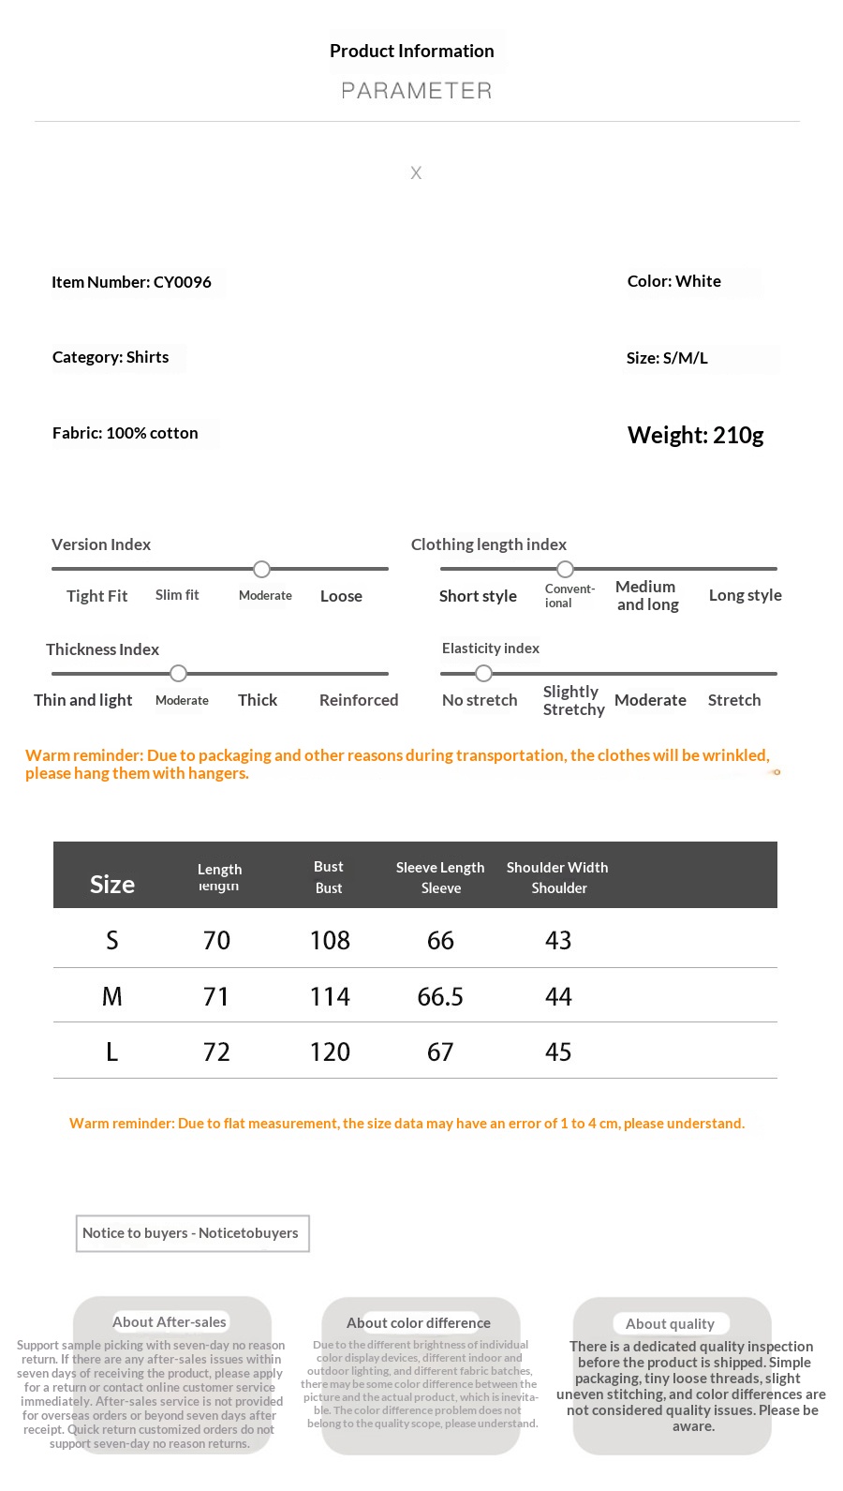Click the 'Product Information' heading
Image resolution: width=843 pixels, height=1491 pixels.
(411, 52)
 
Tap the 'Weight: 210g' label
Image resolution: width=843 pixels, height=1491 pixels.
(695, 435)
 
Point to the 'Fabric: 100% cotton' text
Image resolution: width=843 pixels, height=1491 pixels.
(125, 433)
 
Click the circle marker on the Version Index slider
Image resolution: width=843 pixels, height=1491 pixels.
(262, 569)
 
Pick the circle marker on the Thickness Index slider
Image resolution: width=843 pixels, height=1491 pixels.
(179, 673)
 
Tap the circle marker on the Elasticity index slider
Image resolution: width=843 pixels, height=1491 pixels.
(483, 673)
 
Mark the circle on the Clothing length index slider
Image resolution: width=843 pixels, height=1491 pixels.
(565, 569)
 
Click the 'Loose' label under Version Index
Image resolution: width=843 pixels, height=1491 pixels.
(341, 596)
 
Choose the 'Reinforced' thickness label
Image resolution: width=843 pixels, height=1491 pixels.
(359, 700)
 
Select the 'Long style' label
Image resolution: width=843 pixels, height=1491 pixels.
(745, 595)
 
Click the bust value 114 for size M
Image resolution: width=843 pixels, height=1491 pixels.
(330, 996)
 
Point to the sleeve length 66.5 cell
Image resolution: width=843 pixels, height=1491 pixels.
(440, 996)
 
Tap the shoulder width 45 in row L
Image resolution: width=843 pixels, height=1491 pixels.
(558, 1051)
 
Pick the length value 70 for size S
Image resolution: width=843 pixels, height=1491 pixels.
(216, 940)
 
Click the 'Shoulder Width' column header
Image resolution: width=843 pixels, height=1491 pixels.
(557, 868)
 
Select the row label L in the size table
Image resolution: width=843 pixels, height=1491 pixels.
(112, 1051)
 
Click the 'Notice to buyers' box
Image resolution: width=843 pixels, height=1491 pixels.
(191, 1233)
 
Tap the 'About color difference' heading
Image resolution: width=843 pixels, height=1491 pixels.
(419, 1322)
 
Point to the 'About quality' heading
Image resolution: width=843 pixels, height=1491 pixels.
(670, 1323)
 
